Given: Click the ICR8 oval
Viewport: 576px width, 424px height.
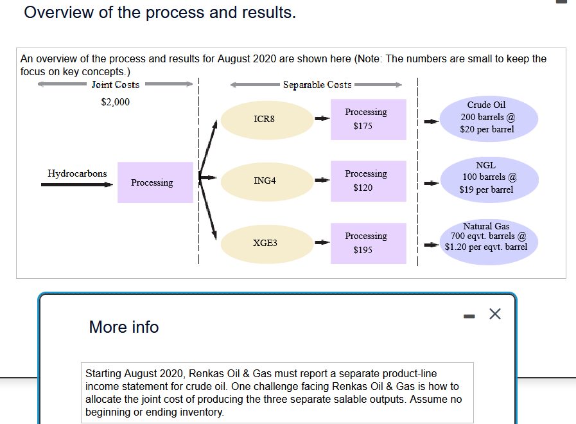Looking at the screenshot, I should [265, 119].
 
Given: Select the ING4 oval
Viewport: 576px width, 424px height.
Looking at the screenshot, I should [265, 181].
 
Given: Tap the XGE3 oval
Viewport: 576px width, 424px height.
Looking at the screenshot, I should [265, 243].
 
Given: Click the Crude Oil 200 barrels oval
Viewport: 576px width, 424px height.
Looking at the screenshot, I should [489, 117].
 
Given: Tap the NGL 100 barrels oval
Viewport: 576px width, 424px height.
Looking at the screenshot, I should [489, 177].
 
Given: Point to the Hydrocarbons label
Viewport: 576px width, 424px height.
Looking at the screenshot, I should [77, 173].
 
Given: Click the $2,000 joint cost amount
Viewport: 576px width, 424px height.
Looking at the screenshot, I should [116, 102].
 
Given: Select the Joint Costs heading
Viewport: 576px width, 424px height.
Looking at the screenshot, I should [116, 85].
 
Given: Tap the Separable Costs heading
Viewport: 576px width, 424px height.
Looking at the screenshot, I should [317, 85].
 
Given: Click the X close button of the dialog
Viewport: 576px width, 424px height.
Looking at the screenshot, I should [494, 314].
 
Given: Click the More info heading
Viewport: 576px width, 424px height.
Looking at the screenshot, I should [124, 327].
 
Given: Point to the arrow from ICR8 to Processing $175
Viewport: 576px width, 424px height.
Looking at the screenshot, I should [322, 119].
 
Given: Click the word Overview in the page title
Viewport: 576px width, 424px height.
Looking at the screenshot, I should [58, 12].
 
